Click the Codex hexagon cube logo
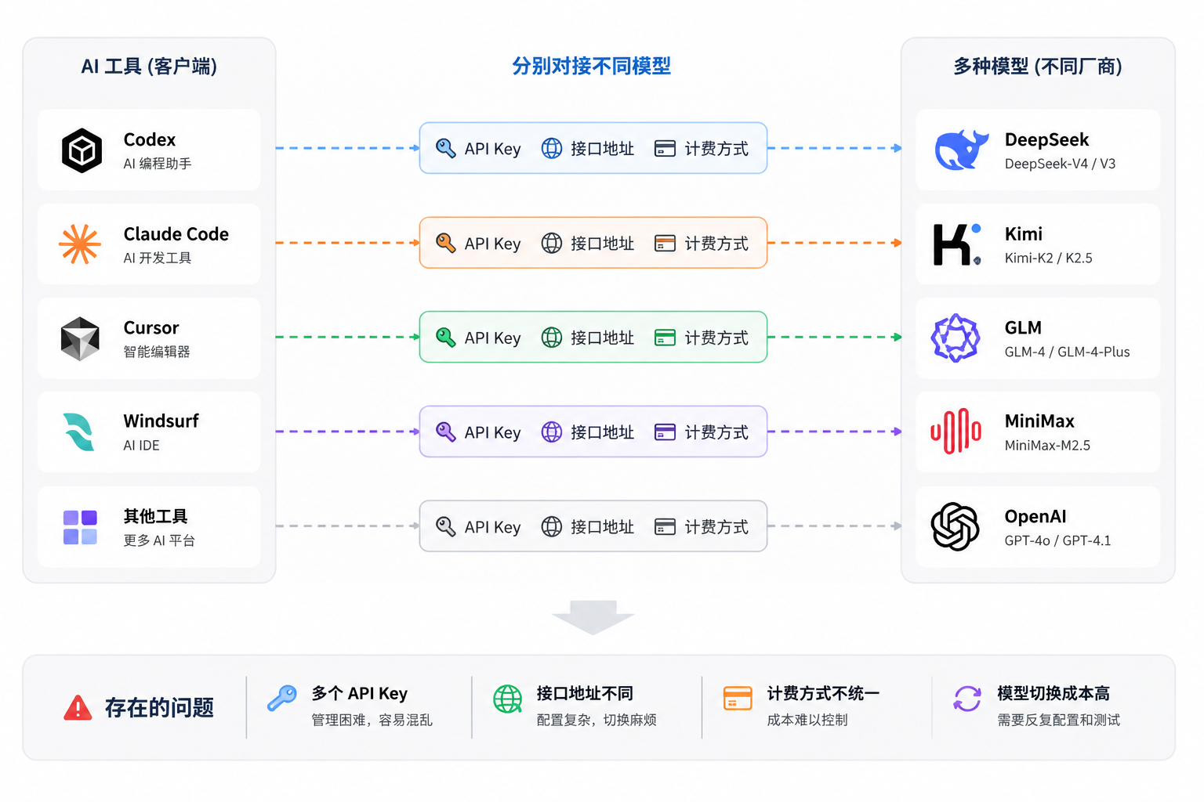click(82, 150)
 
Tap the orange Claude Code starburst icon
click(79, 244)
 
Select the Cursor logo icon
click(80, 338)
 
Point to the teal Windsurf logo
click(79, 432)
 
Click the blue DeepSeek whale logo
click(961, 150)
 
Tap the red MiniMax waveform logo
click(956, 431)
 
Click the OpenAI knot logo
click(956, 526)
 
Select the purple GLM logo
click(956, 338)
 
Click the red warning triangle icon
click(78, 707)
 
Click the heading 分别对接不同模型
click(591, 66)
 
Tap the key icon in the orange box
click(445, 243)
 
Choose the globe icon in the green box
click(552, 338)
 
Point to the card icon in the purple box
click(665, 432)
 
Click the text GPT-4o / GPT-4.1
click(1057, 540)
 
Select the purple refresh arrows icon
click(967, 699)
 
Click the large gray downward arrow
click(593, 617)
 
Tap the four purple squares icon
click(80, 527)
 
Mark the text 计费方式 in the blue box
click(716, 149)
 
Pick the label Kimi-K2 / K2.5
click(1048, 258)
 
